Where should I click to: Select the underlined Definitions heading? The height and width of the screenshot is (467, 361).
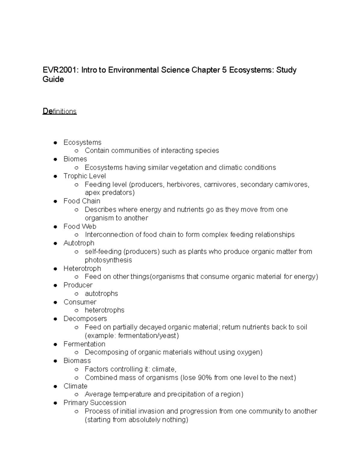click(x=60, y=111)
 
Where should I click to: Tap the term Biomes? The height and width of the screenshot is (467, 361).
click(x=75, y=159)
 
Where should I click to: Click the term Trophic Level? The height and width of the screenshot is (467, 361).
click(x=85, y=176)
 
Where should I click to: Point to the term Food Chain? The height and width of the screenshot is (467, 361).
click(x=82, y=201)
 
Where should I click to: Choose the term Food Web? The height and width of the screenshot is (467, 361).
click(x=80, y=226)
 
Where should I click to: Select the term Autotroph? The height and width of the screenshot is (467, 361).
click(x=79, y=243)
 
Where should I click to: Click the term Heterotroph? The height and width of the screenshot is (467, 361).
click(x=82, y=268)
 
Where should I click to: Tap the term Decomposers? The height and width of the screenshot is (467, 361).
click(x=85, y=318)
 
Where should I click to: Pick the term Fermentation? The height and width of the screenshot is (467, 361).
click(x=84, y=344)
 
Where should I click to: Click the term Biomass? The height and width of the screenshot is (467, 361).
click(x=77, y=361)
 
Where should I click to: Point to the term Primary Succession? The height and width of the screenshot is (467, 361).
click(x=95, y=403)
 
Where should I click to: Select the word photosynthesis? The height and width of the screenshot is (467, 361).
click(x=108, y=260)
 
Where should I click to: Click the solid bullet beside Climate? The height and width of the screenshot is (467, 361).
click(x=55, y=386)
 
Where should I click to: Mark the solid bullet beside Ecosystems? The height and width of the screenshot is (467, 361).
click(x=55, y=143)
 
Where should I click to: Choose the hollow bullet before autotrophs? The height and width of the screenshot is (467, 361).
click(x=77, y=294)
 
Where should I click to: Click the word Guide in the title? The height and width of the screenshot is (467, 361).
click(x=53, y=79)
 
